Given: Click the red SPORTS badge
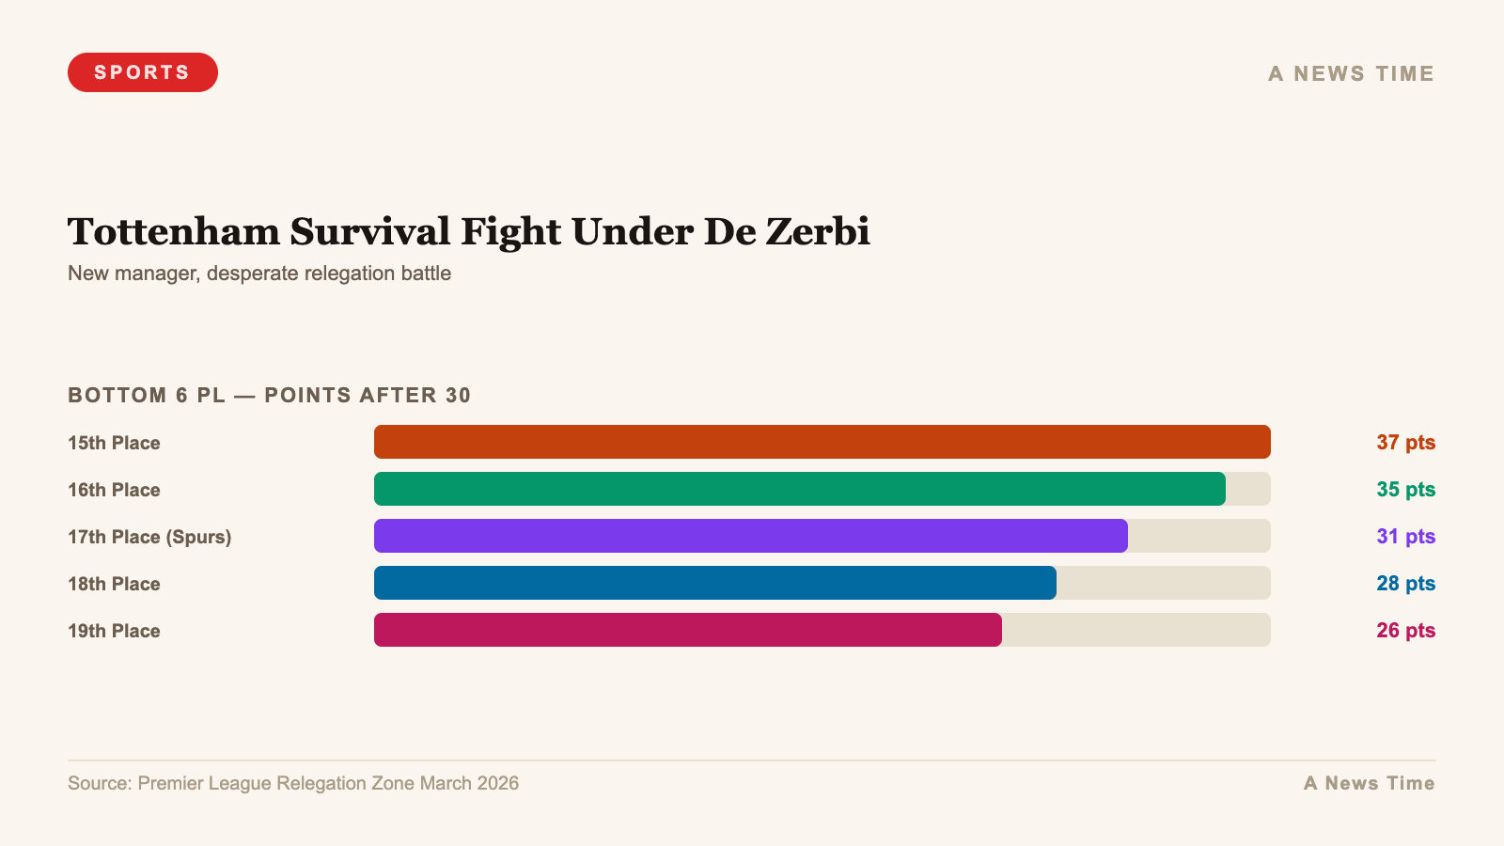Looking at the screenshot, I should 142,72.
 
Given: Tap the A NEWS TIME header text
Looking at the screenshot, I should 1351,73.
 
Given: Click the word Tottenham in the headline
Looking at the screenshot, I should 174,231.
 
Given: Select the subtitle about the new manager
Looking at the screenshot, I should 259,274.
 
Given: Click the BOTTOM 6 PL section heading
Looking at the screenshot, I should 269,395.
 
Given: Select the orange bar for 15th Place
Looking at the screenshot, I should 822,442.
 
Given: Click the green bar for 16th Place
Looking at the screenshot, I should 799,489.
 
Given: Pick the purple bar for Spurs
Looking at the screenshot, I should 750,536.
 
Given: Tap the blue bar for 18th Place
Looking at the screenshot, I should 714,583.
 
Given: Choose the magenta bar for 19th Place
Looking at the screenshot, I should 687,630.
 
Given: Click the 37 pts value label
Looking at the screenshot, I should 1405,442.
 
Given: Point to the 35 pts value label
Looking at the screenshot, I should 1405,489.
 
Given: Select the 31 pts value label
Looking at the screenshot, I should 1405,536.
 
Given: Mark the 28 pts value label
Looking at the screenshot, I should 1405,583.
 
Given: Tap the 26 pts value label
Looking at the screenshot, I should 1405,630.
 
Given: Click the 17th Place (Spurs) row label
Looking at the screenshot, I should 149,537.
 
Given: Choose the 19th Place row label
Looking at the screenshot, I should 114,631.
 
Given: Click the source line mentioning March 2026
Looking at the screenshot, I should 292,783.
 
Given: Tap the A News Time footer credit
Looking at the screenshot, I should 1369,783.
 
